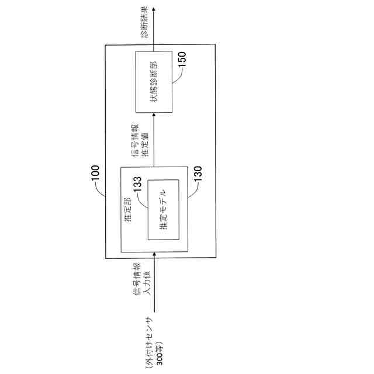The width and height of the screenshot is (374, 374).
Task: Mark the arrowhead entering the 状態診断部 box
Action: (x=155, y=116)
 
